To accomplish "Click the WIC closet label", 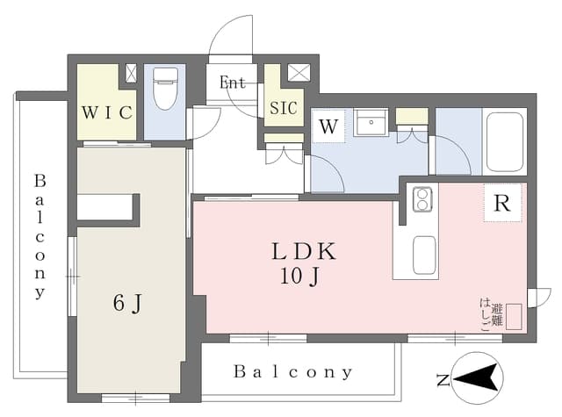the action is (107, 113).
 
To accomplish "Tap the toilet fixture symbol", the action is (165, 89).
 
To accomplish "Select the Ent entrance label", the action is (232, 83).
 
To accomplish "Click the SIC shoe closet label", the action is (283, 108).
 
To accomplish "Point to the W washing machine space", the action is (328, 126).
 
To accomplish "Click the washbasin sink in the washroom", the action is (371, 123).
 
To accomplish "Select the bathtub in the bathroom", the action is (505, 142).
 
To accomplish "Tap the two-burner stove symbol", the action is (422, 199).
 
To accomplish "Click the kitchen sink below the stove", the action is (425, 255).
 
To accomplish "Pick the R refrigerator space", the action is (502, 203).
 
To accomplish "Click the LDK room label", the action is (304, 251).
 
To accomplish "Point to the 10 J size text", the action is (299, 277).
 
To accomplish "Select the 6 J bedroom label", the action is (128, 304).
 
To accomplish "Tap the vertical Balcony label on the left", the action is (40, 236).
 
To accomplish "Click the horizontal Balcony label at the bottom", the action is (292, 372).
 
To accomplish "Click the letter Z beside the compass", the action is (443, 380).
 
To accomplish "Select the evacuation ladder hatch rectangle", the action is (514, 316).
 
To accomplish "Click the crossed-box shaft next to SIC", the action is (299, 73).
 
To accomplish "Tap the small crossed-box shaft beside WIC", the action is (131, 73).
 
